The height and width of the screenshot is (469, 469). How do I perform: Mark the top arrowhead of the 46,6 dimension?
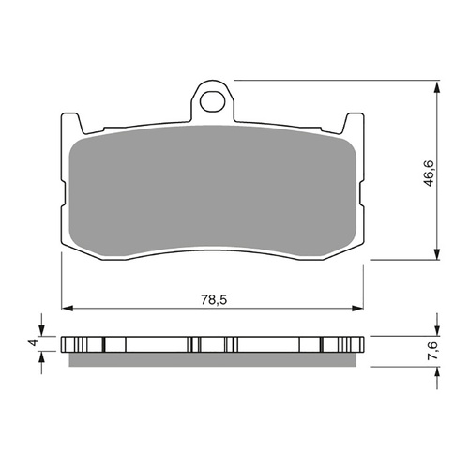pyautogui.click(x=437, y=87)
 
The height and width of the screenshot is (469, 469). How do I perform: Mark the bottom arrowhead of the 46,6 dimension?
pyautogui.click(x=437, y=254)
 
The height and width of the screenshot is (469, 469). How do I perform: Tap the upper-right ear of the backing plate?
pyautogui.click(x=356, y=121)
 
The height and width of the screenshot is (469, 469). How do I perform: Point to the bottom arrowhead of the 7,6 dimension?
pyautogui.click(x=437, y=367)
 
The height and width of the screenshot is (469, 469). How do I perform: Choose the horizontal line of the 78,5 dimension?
pyautogui.click(x=141, y=308)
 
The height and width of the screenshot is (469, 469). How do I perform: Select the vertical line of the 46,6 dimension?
pyautogui.click(x=437, y=216)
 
